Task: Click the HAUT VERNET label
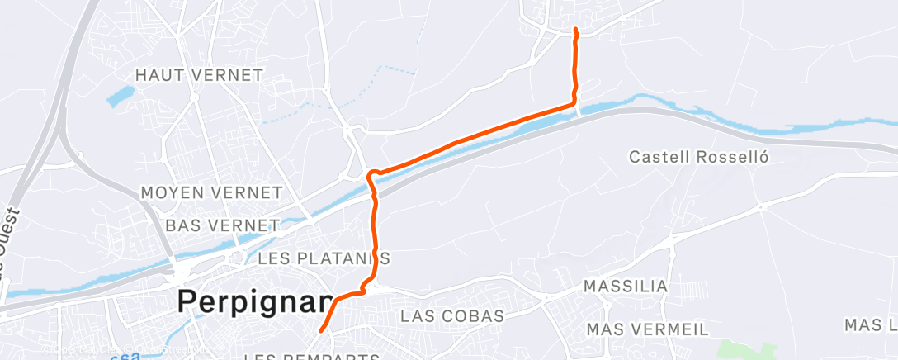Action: pyautogui.click(x=199, y=75)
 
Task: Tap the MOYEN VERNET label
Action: pyautogui.click(x=211, y=193)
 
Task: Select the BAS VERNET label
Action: pyautogui.click(x=222, y=225)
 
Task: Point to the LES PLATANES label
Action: pyautogui.click(x=324, y=258)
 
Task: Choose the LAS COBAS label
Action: pyautogui.click(x=451, y=316)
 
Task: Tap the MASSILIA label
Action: pyautogui.click(x=625, y=287)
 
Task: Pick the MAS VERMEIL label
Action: pyautogui.click(x=647, y=329)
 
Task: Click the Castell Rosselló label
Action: pyautogui.click(x=698, y=156)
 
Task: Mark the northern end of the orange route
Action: pyautogui.click(x=574, y=31)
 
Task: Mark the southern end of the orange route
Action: pyautogui.click(x=320, y=331)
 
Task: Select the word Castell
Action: pyautogui.click(x=658, y=156)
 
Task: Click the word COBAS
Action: pyautogui.click(x=475, y=316)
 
